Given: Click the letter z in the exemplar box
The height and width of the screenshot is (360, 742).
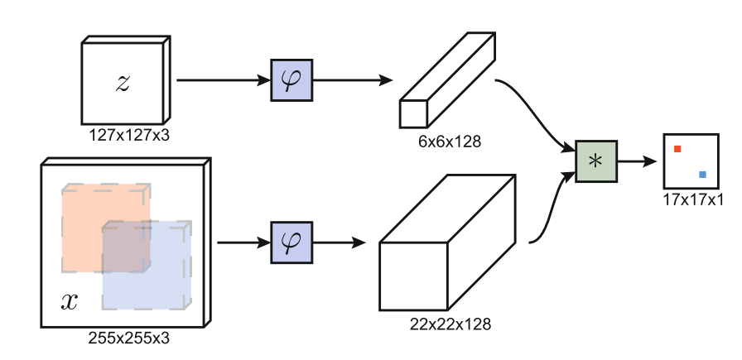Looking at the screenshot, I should click(x=123, y=82).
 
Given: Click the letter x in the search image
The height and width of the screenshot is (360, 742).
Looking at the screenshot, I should click(x=70, y=301).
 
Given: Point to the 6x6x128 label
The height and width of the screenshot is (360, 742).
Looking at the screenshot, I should click(x=450, y=142).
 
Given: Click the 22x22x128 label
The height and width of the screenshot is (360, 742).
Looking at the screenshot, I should click(x=450, y=324).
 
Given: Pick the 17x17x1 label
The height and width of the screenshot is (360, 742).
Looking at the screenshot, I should click(x=693, y=199).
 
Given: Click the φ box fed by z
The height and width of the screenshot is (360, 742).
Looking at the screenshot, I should click(x=291, y=80).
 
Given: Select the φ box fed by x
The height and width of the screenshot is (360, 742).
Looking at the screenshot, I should click(x=291, y=243).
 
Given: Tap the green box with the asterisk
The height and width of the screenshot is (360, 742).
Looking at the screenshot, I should click(x=595, y=161).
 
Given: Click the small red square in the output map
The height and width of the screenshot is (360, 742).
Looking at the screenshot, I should click(x=677, y=149).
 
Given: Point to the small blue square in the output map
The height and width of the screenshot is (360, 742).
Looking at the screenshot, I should click(x=703, y=175).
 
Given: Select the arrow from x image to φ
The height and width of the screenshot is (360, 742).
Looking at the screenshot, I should click(x=243, y=243).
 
